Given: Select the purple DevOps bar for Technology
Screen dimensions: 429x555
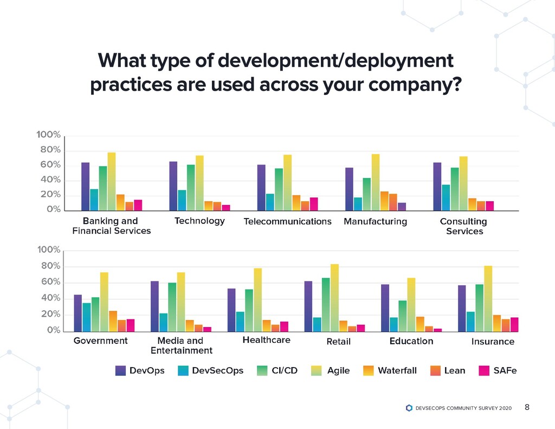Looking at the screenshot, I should [x=173, y=185].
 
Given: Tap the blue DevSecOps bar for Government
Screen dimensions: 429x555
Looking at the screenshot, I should [x=87, y=317].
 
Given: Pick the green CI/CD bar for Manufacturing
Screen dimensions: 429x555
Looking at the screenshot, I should [x=367, y=194].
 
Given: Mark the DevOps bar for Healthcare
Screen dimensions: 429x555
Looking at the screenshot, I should [x=231, y=309].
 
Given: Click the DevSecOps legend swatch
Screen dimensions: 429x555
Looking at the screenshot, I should [x=183, y=370].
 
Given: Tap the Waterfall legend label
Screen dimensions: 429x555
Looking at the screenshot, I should [x=397, y=370].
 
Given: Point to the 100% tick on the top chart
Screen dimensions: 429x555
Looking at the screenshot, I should [x=49, y=135].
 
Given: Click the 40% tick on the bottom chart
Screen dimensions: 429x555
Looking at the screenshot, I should [x=49, y=298].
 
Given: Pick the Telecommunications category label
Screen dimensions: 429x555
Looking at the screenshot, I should [x=287, y=221].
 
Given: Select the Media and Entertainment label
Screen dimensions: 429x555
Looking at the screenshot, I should [x=180, y=345].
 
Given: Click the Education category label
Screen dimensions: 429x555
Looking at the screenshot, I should [x=411, y=341].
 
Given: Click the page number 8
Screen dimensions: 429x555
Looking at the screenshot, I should [x=527, y=407].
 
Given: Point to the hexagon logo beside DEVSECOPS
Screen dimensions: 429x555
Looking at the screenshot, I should [x=409, y=408].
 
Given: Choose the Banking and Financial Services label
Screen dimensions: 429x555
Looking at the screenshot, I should [x=111, y=226].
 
